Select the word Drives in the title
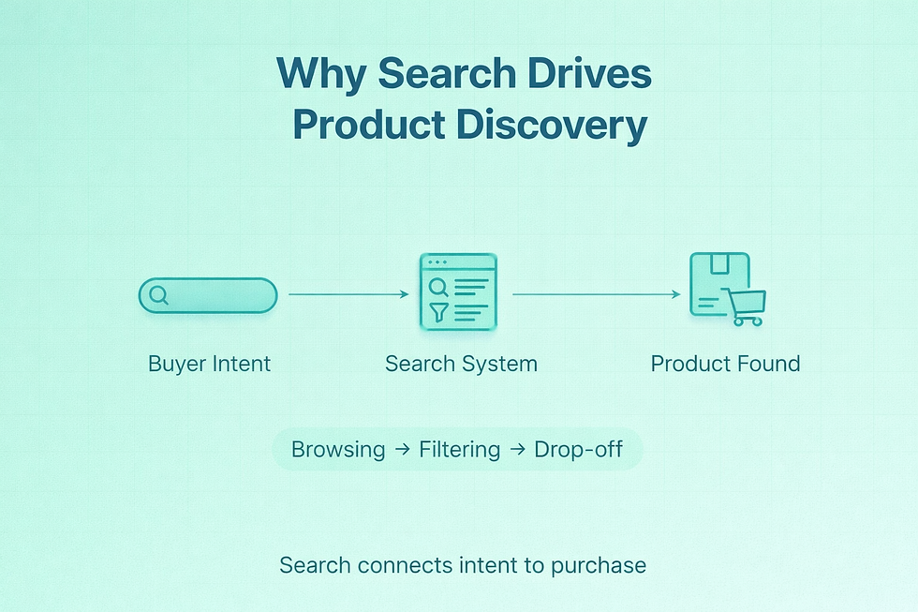click(x=591, y=75)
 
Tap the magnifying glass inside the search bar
click(x=159, y=295)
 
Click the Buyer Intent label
click(x=209, y=364)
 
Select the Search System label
click(x=461, y=364)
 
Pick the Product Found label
click(x=725, y=364)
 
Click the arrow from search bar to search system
click(x=348, y=294)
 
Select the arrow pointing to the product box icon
click(x=595, y=294)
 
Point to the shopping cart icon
click(x=747, y=306)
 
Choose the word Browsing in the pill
click(x=337, y=449)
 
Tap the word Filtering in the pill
click(x=459, y=449)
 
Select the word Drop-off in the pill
click(x=579, y=449)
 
